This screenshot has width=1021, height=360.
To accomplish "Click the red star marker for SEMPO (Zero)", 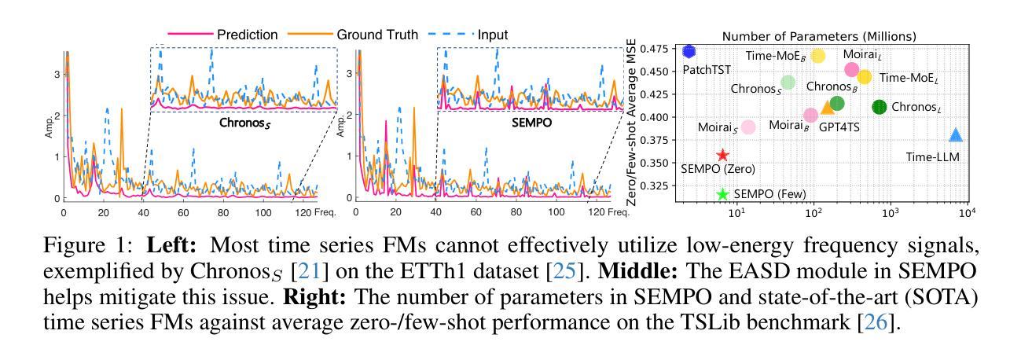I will [x=722, y=156].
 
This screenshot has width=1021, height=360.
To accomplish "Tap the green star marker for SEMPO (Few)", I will [x=722, y=194].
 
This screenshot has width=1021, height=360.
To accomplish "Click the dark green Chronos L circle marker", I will [x=880, y=107].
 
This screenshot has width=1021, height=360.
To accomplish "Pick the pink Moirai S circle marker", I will [x=748, y=127].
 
